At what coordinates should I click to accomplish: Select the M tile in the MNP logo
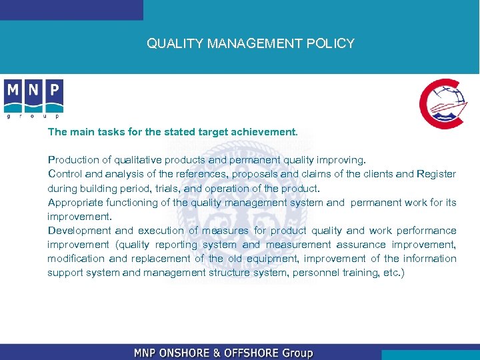coord(13,91)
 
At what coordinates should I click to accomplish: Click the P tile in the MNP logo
coord(54,91)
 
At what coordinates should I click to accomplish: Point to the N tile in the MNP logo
coord(34,91)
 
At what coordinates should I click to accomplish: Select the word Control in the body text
coord(65,174)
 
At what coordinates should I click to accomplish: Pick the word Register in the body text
coord(436,174)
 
